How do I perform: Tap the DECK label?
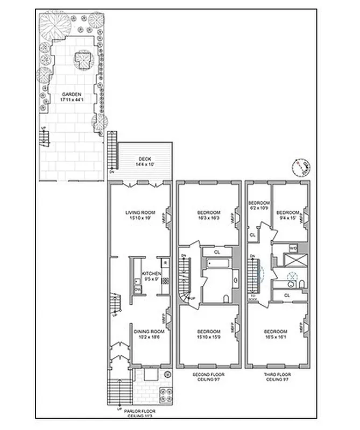(145, 159)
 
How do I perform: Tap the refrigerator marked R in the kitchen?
(165, 262)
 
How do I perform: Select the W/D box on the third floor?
(293, 248)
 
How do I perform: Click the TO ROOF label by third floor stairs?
(252, 297)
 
